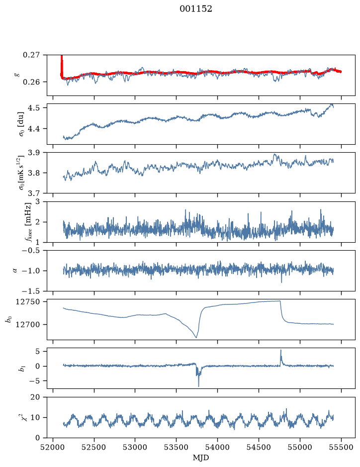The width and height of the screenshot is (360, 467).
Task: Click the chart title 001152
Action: (196, 9)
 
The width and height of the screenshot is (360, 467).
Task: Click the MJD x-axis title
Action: (201, 458)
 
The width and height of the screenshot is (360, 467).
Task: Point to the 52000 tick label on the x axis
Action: (53, 447)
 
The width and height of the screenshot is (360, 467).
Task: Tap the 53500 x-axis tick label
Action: (177, 447)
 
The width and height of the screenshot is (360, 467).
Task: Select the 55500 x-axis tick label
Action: (341, 447)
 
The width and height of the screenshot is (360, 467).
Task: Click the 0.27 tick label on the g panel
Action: (31, 55)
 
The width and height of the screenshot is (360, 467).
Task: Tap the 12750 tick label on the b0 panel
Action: (27, 302)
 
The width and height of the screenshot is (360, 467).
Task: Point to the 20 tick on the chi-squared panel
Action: (35, 397)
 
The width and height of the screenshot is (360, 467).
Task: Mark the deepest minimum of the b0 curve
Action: (196, 338)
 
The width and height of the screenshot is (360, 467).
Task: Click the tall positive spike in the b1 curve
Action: (280, 350)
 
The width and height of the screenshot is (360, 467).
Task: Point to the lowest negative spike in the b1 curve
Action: (198, 386)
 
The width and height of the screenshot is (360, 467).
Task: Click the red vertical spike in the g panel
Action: (62, 66)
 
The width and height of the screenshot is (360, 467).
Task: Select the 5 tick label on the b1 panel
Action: (37, 352)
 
